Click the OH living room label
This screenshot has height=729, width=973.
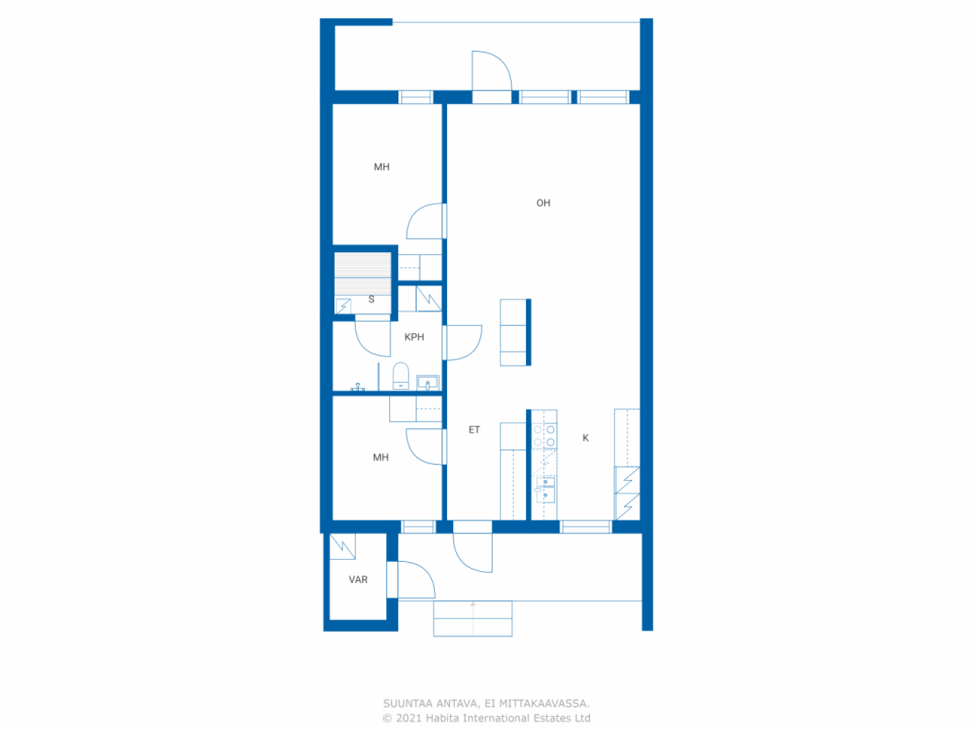coord(543,203)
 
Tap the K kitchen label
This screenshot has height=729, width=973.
coord(585,438)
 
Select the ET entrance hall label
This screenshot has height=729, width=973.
coord(474,430)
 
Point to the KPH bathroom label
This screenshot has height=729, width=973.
coord(414,337)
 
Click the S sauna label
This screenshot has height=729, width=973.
coord(371,299)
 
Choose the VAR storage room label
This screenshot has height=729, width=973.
coord(358,579)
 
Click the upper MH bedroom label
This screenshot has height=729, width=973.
coord(382,167)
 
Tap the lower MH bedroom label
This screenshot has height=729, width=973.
coord(381,457)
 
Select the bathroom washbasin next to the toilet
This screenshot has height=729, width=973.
coord(428,383)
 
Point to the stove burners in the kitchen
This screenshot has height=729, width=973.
coord(544,435)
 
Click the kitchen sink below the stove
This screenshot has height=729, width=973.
coord(545,489)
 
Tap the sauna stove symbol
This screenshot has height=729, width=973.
coord(344,306)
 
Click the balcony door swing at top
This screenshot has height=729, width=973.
coord(491,71)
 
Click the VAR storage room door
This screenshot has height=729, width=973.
coord(414,579)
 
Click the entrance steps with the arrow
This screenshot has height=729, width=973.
coord(473,618)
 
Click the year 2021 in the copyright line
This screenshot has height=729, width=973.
coord(409,718)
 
